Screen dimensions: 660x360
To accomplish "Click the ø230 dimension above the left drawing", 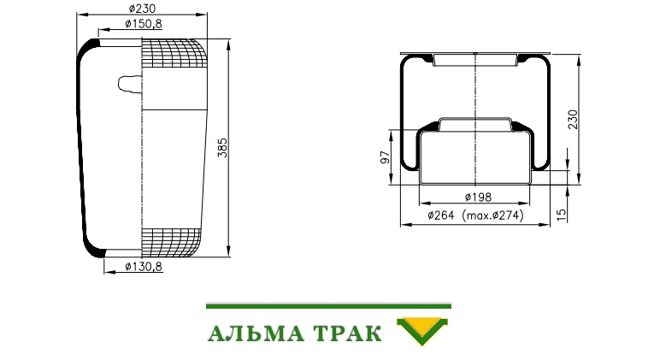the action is (x=142, y=9).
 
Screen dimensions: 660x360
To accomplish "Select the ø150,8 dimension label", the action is (x=144, y=24).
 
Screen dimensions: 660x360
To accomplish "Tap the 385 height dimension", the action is (x=222, y=148).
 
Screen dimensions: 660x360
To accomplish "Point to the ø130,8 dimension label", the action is (x=144, y=267).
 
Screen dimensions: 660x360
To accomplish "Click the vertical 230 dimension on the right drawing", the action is (x=574, y=119).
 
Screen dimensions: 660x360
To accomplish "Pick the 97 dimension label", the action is (x=385, y=157).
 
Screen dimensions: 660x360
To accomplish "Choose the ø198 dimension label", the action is (x=478, y=197).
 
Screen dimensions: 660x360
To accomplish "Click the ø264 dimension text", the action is (x=440, y=215).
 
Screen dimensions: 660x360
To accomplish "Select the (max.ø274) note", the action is (x=493, y=215).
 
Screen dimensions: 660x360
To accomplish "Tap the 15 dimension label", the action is (x=562, y=215).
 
